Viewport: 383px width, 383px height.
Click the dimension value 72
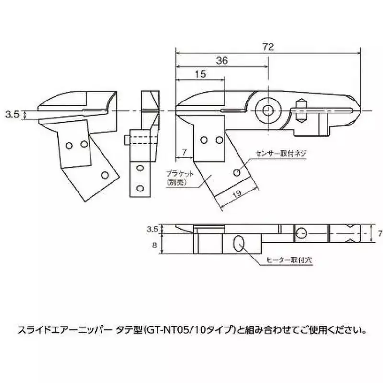tap(268, 46)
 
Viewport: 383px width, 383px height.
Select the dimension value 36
tap(221, 61)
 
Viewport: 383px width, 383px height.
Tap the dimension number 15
tap(201, 74)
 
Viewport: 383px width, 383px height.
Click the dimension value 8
tap(154, 244)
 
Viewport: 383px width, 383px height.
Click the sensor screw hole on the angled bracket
tap(237, 171)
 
